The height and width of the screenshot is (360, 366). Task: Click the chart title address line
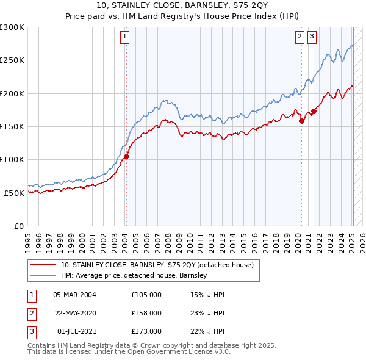(182, 6)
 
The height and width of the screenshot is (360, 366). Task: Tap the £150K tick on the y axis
(12, 126)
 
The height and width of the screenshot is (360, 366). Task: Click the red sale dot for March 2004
(127, 156)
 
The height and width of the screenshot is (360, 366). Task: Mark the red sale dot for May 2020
(301, 121)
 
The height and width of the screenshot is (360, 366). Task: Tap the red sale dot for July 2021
(314, 111)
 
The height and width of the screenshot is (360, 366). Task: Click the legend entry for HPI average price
(134, 275)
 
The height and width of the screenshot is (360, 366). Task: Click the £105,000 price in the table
(146, 294)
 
